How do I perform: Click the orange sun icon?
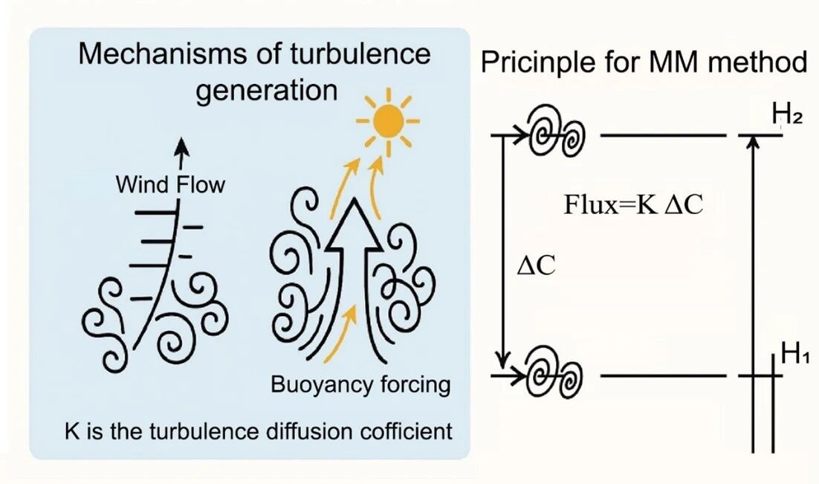tap(387, 121)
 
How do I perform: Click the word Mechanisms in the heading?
tap(164, 54)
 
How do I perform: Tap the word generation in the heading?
tap(266, 91)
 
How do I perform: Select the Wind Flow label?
tap(170, 184)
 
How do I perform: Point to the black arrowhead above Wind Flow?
tap(181, 145)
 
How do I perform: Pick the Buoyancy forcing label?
tap(360, 384)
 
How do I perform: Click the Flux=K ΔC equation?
tap(634, 204)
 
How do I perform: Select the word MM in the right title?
tap(669, 62)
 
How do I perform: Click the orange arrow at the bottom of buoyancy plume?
tap(341, 335)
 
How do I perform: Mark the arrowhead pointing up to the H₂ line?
tap(751, 142)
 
